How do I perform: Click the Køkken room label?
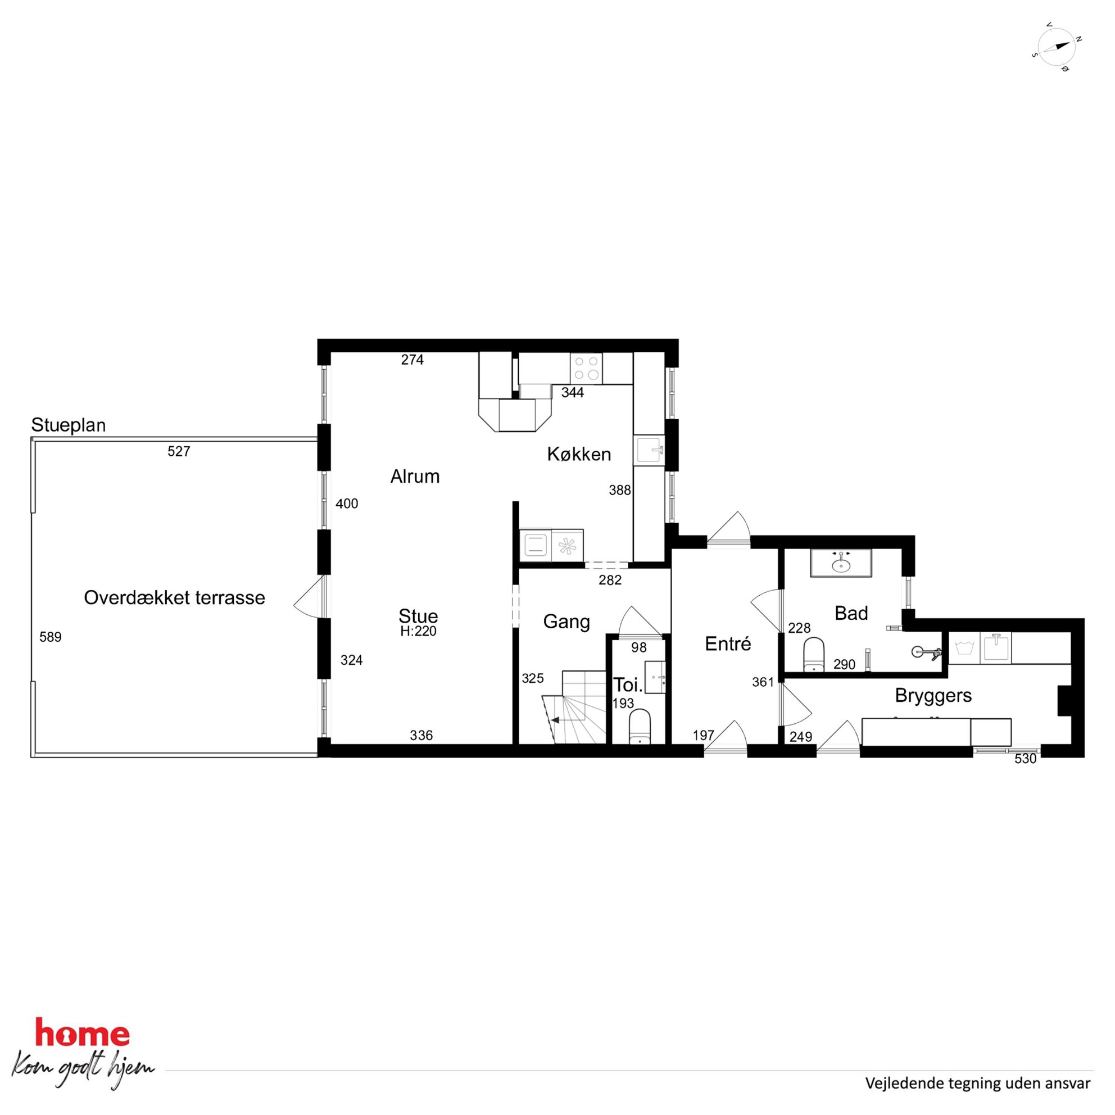[579, 454]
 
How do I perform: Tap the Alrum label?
[415, 476]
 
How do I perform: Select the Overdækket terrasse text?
[174, 597]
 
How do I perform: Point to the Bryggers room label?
[933, 696]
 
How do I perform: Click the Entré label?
[728, 643]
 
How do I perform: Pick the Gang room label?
[566, 622]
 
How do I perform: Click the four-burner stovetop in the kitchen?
[586, 368]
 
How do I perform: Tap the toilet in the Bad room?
[814, 655]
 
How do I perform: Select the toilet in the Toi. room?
[640, 727]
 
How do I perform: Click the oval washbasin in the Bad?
[841, 564]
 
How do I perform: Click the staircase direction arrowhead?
[555, 720]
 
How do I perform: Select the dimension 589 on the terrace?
[50, 637]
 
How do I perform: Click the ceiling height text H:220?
[419, 631]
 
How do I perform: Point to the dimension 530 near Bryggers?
[1026, 759]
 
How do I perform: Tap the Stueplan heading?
[68, 425]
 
